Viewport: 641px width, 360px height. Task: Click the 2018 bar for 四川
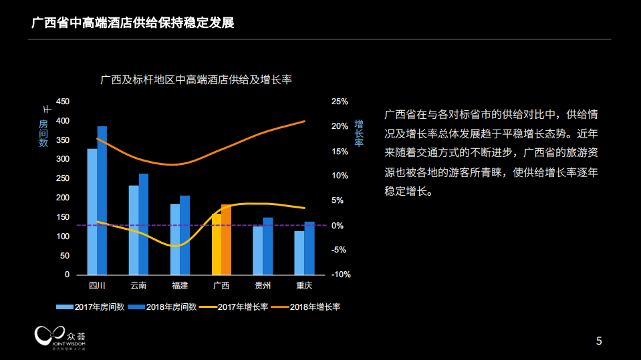click(x=102, y=200)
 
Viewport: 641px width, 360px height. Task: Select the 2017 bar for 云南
click(x=134, y=230)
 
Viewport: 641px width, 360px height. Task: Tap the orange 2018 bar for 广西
click(x=227, y=240)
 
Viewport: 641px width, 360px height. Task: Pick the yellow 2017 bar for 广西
click(x=217, y=244)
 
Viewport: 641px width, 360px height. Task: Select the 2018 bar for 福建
click(x=185, y=235)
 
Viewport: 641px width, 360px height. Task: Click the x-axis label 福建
click(x=180, y=286)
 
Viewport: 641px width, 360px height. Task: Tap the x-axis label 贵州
click(x=263, y=286)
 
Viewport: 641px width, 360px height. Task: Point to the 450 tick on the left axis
click(x=62, y=102)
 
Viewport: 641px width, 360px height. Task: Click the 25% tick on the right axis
click(x=340, y=102)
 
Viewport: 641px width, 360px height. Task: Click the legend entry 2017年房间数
click(x=91, y=307)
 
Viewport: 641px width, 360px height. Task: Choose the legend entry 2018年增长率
click(x=308, y=307)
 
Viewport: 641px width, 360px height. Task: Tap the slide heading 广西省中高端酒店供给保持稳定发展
click(x=133, y=23)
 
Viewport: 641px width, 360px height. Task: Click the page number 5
click(x=599, y=341)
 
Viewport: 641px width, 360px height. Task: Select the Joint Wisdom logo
click(x=61, y=337)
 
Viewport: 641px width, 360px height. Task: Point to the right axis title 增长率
click(x=359, y=133)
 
